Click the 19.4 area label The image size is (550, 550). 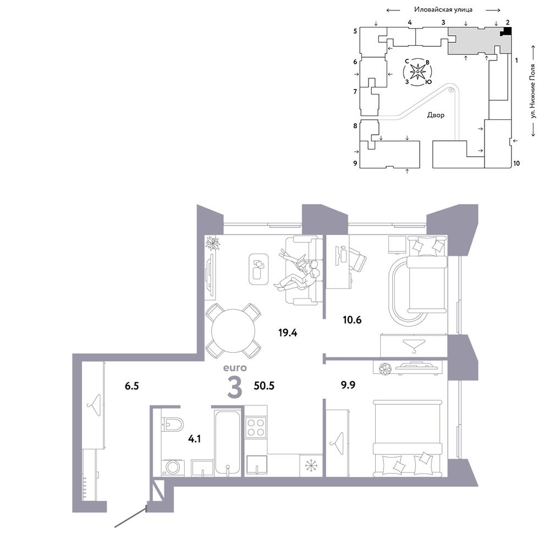point(288,333)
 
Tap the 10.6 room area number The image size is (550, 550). point(352,320)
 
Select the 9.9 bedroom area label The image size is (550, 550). point(348,385)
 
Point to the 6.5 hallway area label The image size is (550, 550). point(132,386)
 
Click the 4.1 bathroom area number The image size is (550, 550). point(194,439)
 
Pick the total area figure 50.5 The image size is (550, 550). point(264,386)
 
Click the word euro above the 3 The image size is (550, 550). point(235,368)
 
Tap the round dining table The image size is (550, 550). point(233,331)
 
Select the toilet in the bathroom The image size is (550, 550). point(173,425)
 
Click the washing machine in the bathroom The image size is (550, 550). point(173,468)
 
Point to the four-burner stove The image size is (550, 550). point(256,427)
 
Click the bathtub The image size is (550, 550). point(228,443)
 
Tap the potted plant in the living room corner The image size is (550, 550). point(212,243)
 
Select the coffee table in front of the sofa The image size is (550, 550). point(259,269)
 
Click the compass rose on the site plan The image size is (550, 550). point(418,72)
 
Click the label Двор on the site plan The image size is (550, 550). point(436,115)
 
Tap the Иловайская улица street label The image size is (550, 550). point(443,9)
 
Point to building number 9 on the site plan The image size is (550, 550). point(355,163)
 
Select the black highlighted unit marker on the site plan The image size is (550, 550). point(506,31)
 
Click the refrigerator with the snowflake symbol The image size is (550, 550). point(311,465)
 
